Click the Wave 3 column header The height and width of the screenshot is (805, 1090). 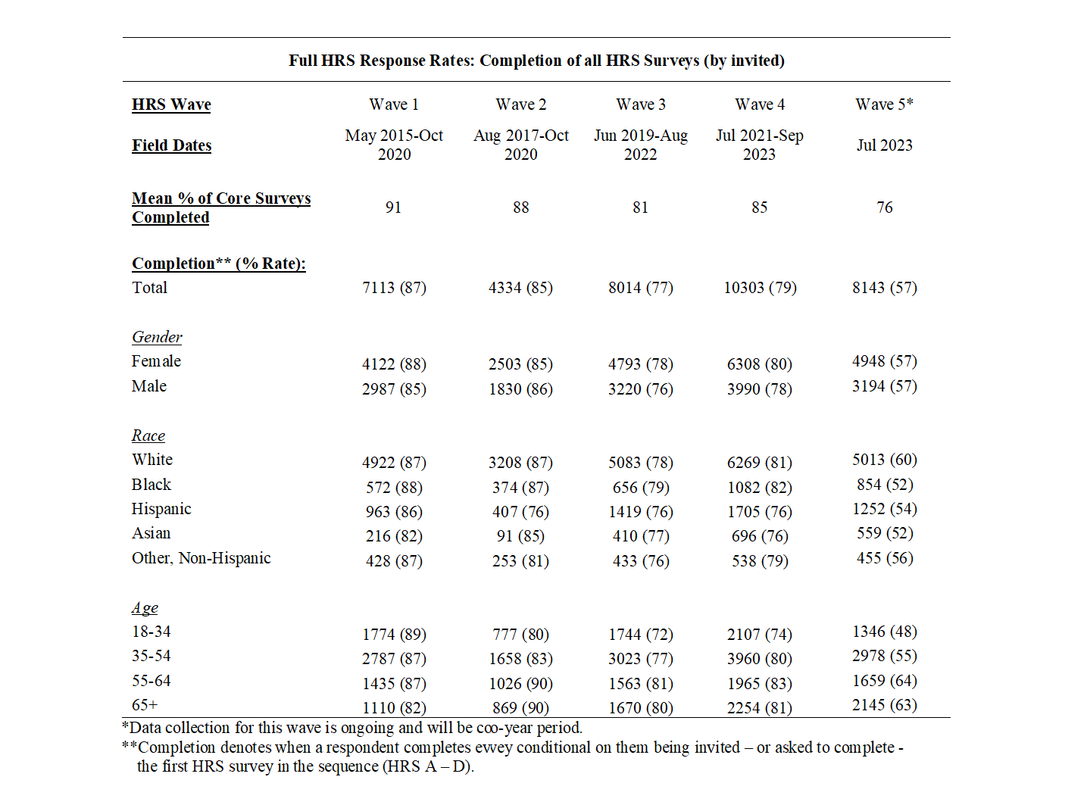[640, 105]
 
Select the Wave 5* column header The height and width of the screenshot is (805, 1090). [884, 105]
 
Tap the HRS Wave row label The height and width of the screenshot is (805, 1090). [171, 105]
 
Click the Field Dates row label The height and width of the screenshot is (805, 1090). [171, 145]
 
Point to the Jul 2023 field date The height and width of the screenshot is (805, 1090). [884, 145]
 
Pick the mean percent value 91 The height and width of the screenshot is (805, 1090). [393, 207]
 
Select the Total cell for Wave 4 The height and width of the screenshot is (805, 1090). [760, 288]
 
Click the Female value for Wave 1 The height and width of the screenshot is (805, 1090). [394, 364]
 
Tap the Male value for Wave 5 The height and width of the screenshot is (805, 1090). [884, 386]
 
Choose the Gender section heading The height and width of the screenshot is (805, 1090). [157, 337]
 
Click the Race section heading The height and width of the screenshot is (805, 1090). [148, 435]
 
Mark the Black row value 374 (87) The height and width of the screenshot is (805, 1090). [520, 488]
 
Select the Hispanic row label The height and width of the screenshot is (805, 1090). [161, 509]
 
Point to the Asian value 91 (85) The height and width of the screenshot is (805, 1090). [520, 536]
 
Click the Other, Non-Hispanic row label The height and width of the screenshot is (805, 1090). [201, 558]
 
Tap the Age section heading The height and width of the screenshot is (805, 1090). [145, 608]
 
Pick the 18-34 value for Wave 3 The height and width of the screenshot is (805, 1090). [640, 635]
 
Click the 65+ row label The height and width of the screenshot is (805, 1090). [145, 705]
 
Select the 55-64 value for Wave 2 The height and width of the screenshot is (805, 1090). [520, 684]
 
